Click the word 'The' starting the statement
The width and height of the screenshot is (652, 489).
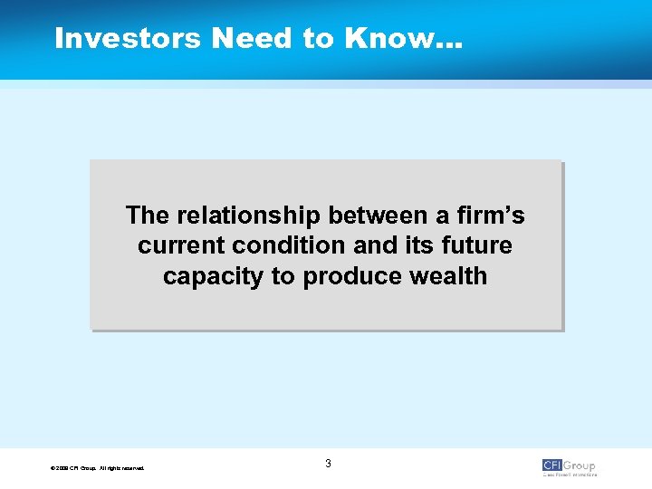[x=148, y=216]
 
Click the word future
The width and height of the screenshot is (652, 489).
[x=475, y=245]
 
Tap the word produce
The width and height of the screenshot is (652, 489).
[x=347, y=276]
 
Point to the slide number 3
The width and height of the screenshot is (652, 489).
[x=328, y=464]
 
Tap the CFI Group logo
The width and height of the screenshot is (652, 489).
[x=569, y=467]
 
